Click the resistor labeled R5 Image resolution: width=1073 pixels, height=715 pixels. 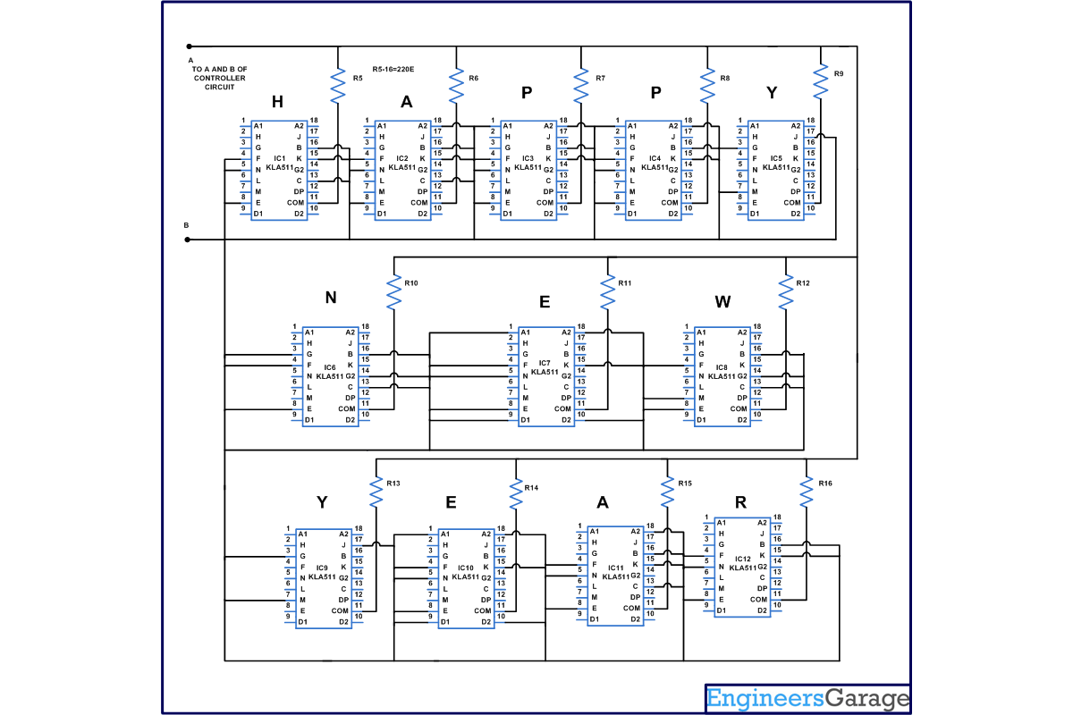[x=338, y=87]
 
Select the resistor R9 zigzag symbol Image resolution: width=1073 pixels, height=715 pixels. [x=821, y=82]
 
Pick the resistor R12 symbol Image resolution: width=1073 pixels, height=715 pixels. [x=786, y=292]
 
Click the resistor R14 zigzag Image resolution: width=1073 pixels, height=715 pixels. [x=516, y=492]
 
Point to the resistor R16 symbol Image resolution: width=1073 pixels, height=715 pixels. [x=807, y=492]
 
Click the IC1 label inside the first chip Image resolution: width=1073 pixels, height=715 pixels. [x=280, y=157]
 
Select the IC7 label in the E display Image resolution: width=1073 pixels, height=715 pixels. [x=545, y=362]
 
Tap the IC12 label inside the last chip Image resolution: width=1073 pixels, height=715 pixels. [x=743, y=559]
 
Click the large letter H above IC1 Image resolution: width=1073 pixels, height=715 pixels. [x=277, y=103]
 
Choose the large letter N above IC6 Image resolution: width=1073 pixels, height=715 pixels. [x=331, y=299]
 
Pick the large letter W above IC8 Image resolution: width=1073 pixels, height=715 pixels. [x=722, y=302]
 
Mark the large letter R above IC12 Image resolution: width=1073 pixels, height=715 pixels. [x=740, y=502]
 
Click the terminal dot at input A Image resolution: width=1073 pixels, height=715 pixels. [x=189, y=46]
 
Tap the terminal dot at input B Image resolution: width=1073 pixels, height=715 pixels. [x=188, y=240]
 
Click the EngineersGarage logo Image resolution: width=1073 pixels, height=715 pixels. [x=807, y=698]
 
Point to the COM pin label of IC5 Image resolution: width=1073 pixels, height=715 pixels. [x=792, y=203]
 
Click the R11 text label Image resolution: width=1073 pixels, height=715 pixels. [x=624, y=283]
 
